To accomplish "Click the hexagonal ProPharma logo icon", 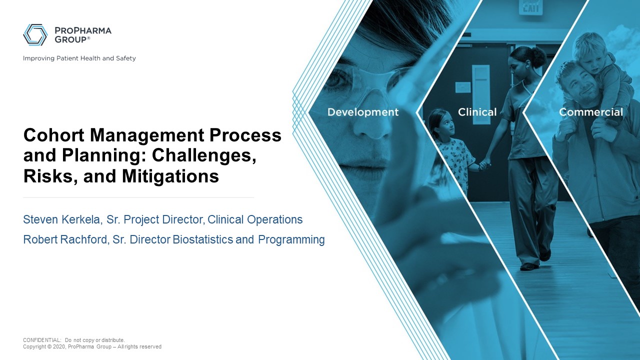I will [x=35, y=34].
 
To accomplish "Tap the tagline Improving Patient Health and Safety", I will [x=79, y=58].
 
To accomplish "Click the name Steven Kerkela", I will [x=62, y=219].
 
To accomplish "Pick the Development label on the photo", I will [x=363, y=112].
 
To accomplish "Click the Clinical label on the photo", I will [x=477, y=112].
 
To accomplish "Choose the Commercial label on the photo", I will [x=590, y=112].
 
